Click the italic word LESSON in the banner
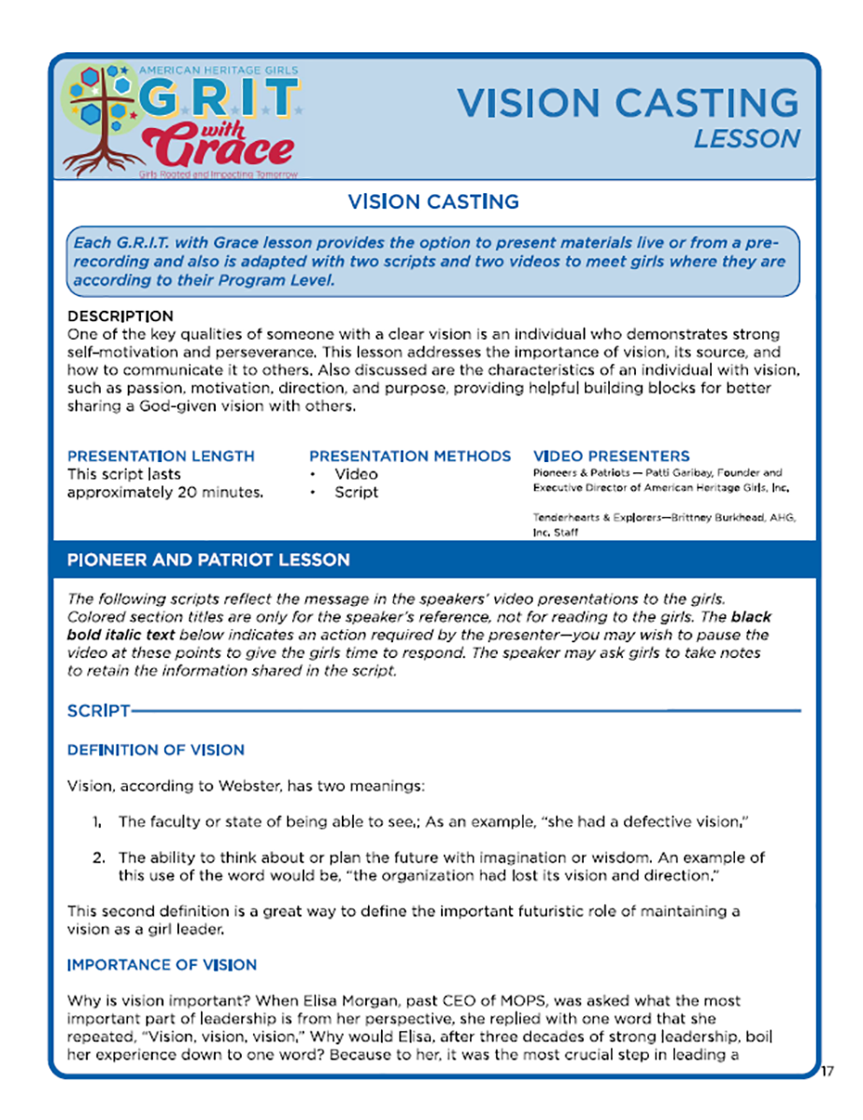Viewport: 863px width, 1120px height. (747, 138)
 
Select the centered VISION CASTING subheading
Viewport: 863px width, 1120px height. (432, 202)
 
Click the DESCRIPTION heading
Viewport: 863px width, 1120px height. (120, 316)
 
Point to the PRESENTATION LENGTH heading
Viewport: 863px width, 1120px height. (161, 456)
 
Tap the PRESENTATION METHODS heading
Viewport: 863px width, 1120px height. (409, 456)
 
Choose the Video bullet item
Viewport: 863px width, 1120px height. (357, 474)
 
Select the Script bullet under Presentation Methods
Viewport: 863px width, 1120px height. (357, 492)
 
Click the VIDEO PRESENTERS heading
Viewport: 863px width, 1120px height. (611, 456)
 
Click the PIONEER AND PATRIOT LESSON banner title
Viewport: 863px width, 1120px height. (208, 560)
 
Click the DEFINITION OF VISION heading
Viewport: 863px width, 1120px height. (156, 749)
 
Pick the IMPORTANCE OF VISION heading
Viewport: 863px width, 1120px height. (163, 964)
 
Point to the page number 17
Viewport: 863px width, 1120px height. (826, 1071)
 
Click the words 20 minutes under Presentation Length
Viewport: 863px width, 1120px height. (219, 492)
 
